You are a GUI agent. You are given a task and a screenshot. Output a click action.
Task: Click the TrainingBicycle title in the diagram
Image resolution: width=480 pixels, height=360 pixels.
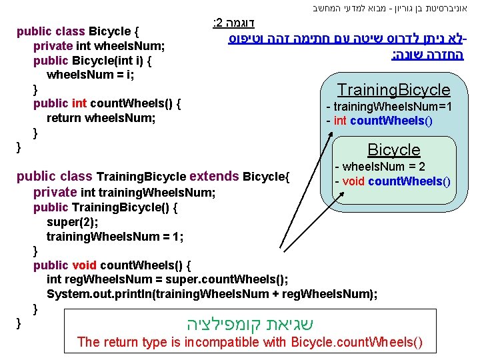click(x=394, y=90)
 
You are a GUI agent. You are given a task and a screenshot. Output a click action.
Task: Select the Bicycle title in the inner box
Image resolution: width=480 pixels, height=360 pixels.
click(x=394, y=150)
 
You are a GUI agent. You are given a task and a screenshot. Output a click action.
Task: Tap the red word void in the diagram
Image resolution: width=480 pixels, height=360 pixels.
click(x=353, y=181)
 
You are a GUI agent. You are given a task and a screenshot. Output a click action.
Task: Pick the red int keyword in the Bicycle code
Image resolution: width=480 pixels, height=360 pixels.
click(x=79, y=103)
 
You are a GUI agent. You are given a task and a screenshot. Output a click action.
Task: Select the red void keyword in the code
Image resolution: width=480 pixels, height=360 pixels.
click(x=84, y=265)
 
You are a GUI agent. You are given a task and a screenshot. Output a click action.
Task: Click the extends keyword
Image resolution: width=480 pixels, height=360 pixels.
click(x=214, y=176)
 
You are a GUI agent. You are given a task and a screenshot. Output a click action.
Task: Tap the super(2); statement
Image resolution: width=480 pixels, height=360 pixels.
click(x=72, y=222)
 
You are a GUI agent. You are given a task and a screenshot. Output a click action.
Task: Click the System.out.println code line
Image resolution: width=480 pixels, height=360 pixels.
click(x=212, y=294)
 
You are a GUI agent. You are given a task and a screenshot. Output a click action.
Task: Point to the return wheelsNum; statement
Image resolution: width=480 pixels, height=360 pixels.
click(x=101, y=118)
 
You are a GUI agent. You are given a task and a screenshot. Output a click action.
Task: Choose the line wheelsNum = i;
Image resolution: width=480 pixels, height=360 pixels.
click(x=90, y=75)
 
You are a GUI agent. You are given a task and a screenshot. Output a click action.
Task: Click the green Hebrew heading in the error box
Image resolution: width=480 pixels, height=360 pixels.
click(x=250, y=324)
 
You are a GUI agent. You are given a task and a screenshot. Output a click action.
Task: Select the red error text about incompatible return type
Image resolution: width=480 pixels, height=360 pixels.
click(x=250, y=342)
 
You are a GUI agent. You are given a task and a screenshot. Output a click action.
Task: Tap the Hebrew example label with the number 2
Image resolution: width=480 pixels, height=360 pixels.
click(x=233, y=23)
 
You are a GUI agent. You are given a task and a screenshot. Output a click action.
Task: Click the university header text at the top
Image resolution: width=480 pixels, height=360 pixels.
click(x=390, y=8)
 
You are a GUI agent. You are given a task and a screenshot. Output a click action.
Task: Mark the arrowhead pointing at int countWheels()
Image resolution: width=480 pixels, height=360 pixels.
click(x=331, y=134)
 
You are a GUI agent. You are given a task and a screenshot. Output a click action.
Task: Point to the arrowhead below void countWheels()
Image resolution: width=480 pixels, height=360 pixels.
click(x=341, y=194)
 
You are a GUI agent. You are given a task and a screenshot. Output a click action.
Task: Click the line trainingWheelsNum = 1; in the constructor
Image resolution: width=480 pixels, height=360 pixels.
click(x=115, y=236)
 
